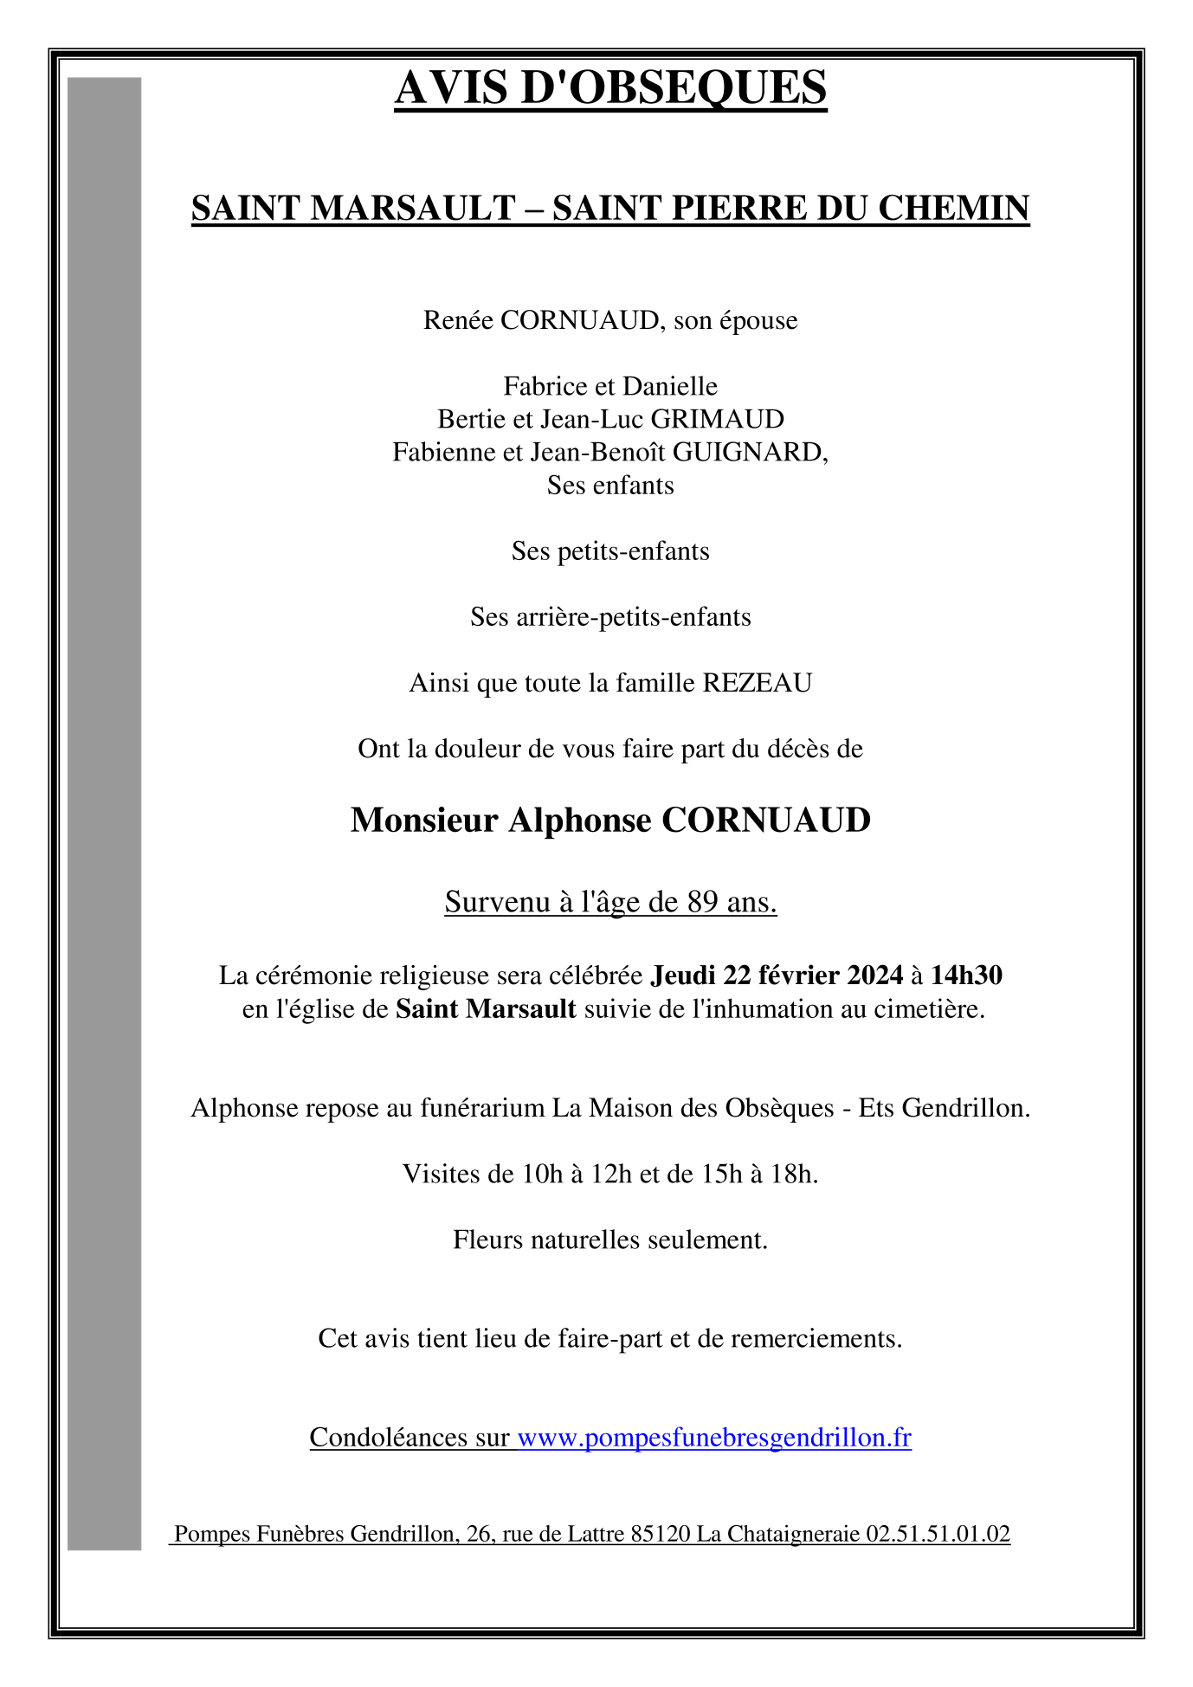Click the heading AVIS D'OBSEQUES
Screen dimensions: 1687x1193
pyautogui.click(x=610, y=87)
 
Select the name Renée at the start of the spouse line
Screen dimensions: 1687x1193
pyautogui.click(x=458, y=321)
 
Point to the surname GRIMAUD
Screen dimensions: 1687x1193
pyautogui.click(x=718, y=420)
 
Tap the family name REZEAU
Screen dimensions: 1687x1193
pyautogui.click(x=758, y=684)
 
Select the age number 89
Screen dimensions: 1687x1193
pyautogui.click(x=703, y=903)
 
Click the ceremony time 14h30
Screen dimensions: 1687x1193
pyautogui.click(x=966, y=976)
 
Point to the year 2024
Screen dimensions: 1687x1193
pyautogui.click(x=874, y=976)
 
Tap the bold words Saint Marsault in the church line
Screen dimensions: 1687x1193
pyautogui.click(x=486, y=1009)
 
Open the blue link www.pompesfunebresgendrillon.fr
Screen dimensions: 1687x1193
pyautogui.click(x=714, y=1438)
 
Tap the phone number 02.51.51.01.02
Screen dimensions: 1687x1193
pyautogui.click(x=938, y=1535)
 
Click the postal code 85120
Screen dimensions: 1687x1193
pyautogui.click(x=661, y=1535)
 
